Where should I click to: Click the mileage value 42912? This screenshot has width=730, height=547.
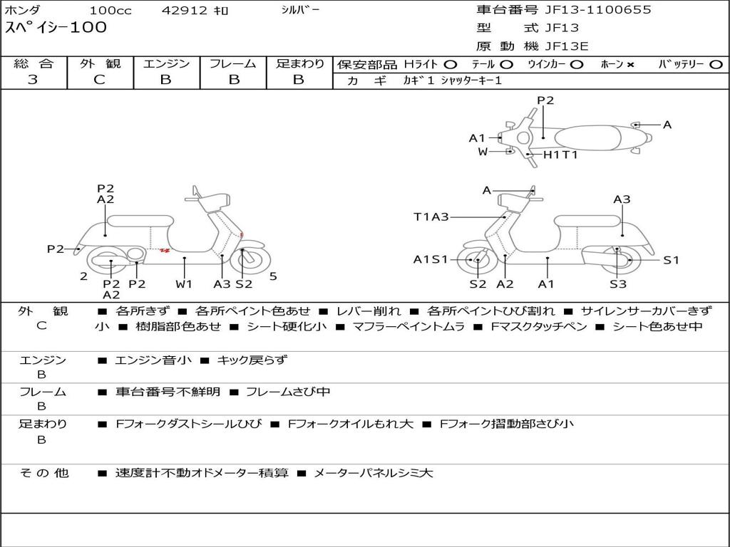point(185,11)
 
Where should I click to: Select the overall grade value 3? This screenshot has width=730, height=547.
point(33,80)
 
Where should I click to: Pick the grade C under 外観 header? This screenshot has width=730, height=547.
point(99,80)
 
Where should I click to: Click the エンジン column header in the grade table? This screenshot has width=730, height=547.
point(166,63)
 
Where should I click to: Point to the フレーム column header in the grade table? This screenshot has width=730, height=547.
point(232,63)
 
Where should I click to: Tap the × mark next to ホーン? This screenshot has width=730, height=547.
point(631,64)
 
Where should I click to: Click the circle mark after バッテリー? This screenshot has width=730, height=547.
point(716,64)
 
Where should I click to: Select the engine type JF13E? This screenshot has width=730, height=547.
point(567,46)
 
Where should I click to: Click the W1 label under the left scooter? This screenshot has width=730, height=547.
point(185,283)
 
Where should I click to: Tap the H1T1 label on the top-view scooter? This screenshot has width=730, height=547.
point(560,155)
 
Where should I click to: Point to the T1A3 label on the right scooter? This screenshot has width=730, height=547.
point(431,217)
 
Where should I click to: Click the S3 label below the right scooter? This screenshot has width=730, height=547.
point(617,284)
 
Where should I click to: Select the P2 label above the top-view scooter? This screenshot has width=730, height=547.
point(545,100)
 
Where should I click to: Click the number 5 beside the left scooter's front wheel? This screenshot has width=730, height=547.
point(273,276)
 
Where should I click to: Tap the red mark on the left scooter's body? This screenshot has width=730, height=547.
point(165,250)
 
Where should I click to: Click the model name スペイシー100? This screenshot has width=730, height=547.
point(56,28)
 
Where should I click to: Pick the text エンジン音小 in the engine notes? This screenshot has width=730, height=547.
point(153,360)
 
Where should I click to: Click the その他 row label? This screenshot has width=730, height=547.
point(43,473)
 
